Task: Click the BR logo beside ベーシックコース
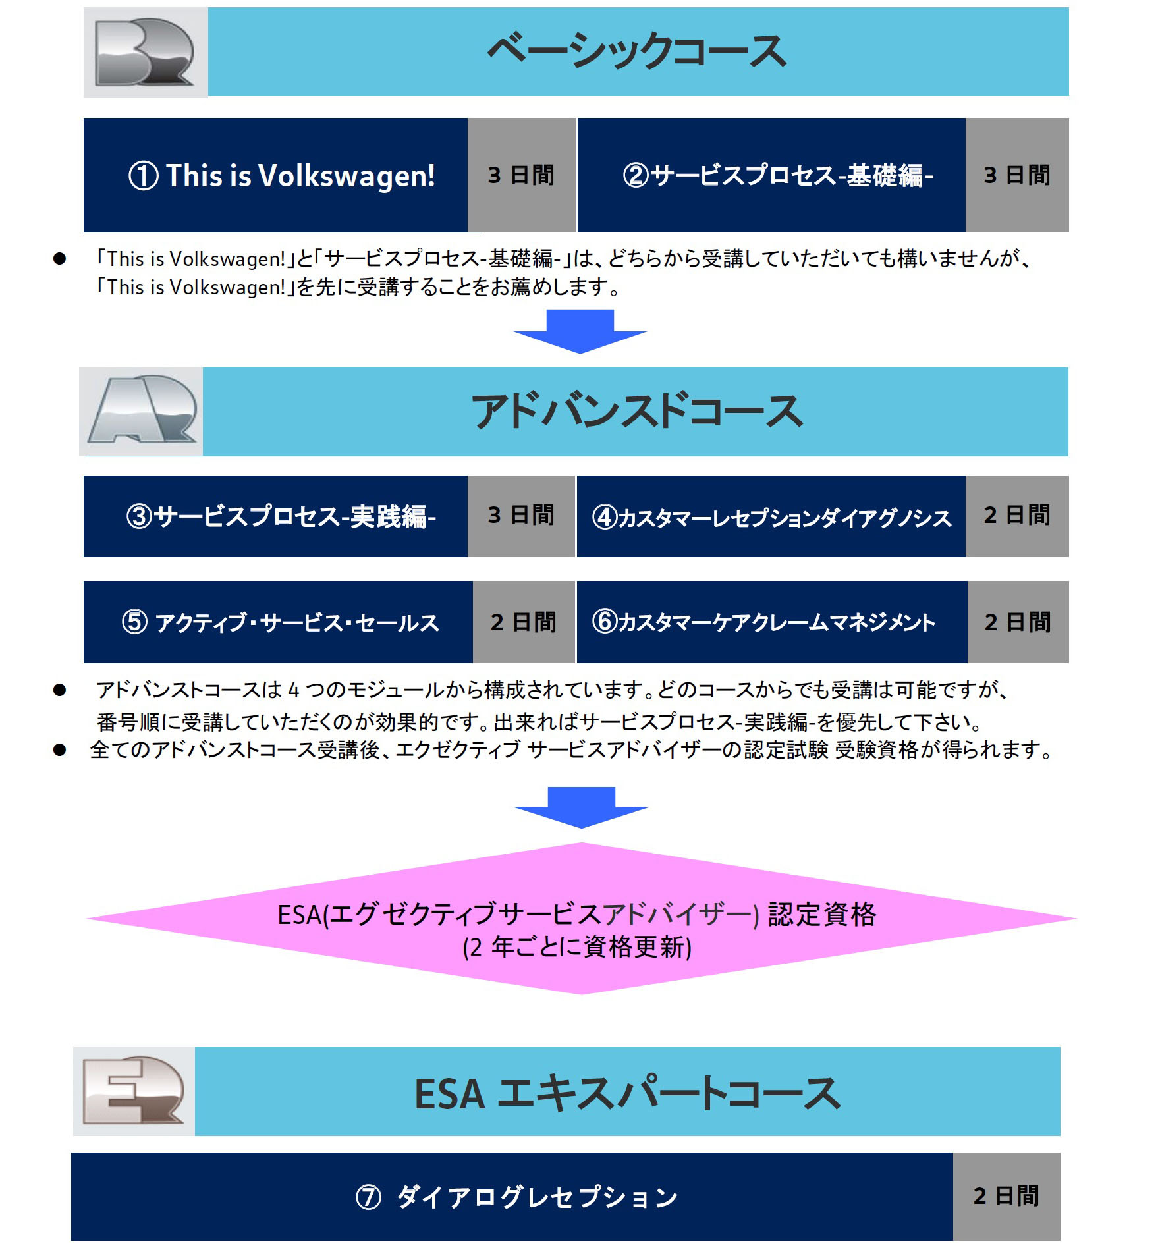(145, 53)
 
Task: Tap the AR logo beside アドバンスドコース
(142, 412)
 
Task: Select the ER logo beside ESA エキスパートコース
(134, 1091)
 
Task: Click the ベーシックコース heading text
(636, 51)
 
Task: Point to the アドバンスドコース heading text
(636, 412)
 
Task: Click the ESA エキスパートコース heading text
(627, 1093)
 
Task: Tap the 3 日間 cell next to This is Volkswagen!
(521, 175)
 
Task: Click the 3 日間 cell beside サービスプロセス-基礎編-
(1017, 175)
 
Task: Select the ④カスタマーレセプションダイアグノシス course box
(771, 516)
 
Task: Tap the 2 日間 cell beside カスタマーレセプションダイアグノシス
(1017, 516)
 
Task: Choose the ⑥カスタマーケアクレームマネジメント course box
(772, 622)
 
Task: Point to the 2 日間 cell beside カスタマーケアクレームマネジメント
(1018, 622)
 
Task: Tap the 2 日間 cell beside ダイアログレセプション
(1006, 1196)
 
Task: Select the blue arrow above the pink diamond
(581, 807)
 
